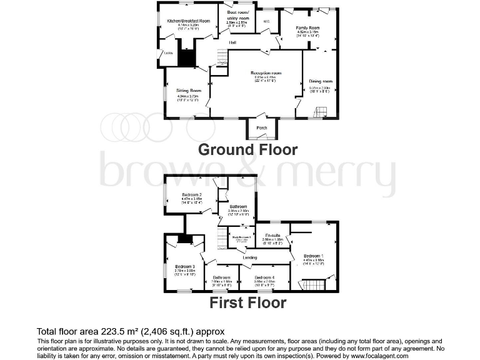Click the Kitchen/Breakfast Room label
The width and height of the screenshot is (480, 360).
click(186, 20)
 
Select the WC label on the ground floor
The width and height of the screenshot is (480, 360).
click(267, 22)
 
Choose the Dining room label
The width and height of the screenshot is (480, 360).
click(321, 81)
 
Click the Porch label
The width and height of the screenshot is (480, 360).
click(262, 128)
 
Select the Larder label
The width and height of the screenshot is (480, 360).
click(168, 53)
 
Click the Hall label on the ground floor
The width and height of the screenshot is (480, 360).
click(232, 42)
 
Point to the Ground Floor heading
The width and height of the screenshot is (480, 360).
click(248, 150)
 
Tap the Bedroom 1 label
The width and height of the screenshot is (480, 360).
click(313, 256)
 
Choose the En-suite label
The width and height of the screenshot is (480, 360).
click(273, 234)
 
